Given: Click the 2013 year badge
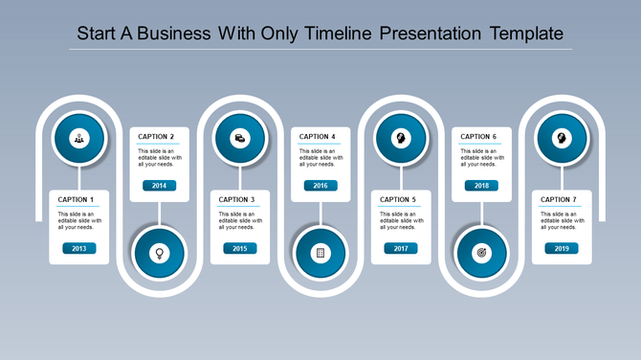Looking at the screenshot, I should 78,248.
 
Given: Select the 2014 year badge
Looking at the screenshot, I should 159,186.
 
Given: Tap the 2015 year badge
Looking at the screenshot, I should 239,248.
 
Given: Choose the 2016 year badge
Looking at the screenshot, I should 320,186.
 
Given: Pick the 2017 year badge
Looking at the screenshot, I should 401,248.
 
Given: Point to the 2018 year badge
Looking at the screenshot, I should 481,186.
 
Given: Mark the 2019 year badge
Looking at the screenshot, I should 562,248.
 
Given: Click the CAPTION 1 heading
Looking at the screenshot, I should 76,199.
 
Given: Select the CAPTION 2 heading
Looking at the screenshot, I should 156,137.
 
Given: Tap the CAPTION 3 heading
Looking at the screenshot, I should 236,199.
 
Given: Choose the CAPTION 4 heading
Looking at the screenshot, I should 318,137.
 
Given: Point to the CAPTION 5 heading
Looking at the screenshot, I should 398,199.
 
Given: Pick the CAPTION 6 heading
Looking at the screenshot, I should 478,137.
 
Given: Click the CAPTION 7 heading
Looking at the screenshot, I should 559,199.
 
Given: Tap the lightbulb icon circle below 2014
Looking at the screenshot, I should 159,254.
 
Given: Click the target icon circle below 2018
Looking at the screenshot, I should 481,254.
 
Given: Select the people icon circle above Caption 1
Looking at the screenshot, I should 78,137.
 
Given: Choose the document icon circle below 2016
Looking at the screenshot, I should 320,254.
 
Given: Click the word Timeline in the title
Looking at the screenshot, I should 339,34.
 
